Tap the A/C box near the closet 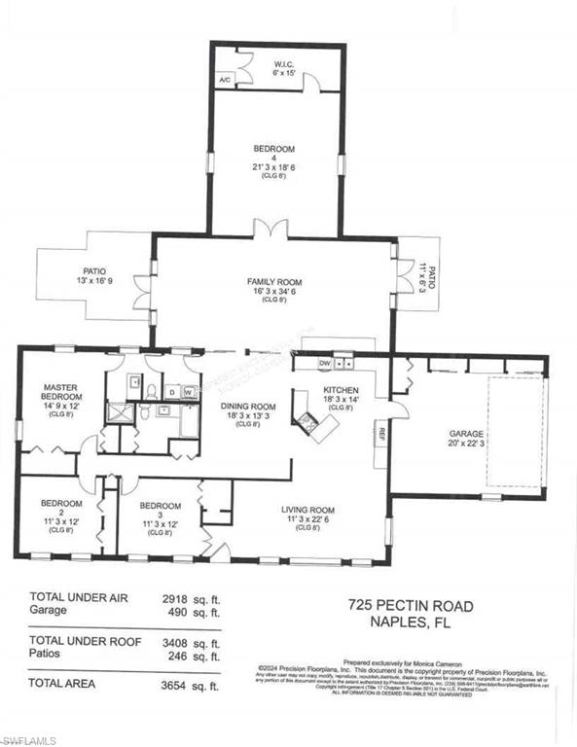click(x=225, y=80)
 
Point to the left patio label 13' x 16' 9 click(x=94, y=276)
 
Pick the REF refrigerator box click(x=381, y=435)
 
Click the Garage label click(x=438, y=441)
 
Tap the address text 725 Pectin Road click(x=411, y=606)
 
